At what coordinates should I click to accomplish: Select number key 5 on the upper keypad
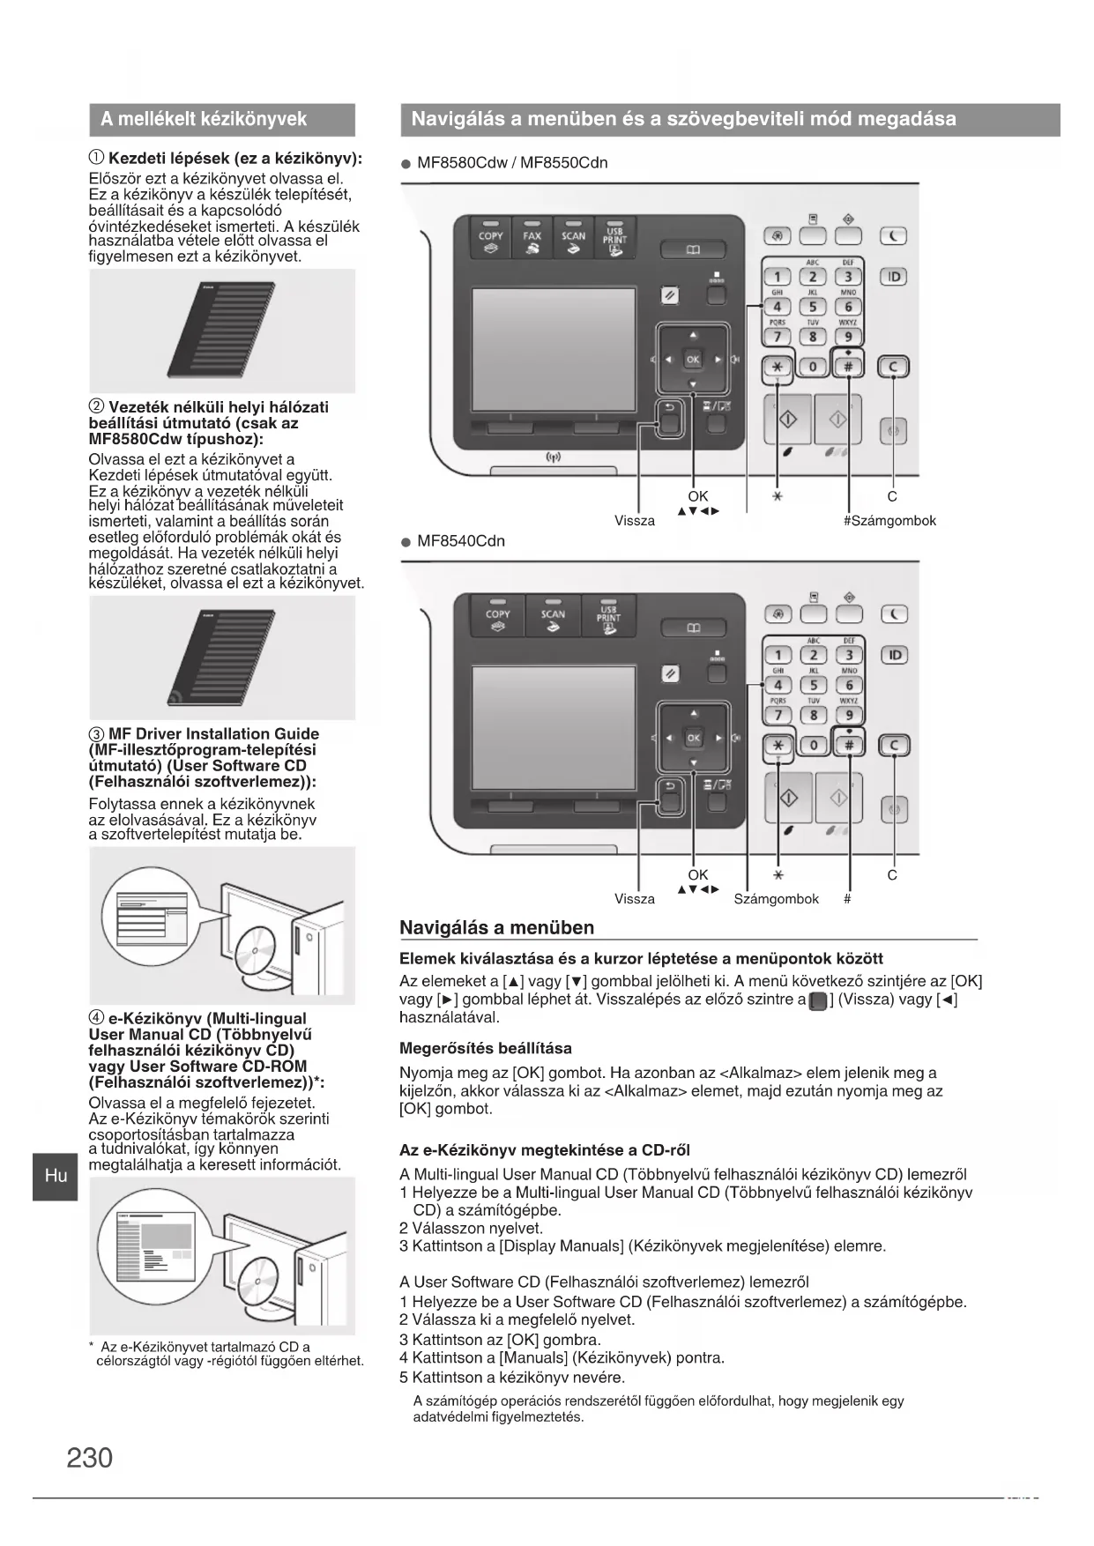813,307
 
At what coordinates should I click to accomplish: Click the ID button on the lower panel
894,655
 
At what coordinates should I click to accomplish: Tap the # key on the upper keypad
848,366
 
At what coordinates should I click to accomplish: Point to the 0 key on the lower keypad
813,745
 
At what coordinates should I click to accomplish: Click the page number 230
90,1458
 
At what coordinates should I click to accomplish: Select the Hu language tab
56,1175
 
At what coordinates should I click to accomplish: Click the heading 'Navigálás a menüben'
497,927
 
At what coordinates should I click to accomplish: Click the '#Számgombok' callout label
889,521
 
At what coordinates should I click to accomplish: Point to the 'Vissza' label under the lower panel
635,899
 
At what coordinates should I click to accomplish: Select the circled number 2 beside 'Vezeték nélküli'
96,406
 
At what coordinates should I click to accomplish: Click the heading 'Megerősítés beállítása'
486,1048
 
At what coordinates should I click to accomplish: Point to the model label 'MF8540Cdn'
461,541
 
